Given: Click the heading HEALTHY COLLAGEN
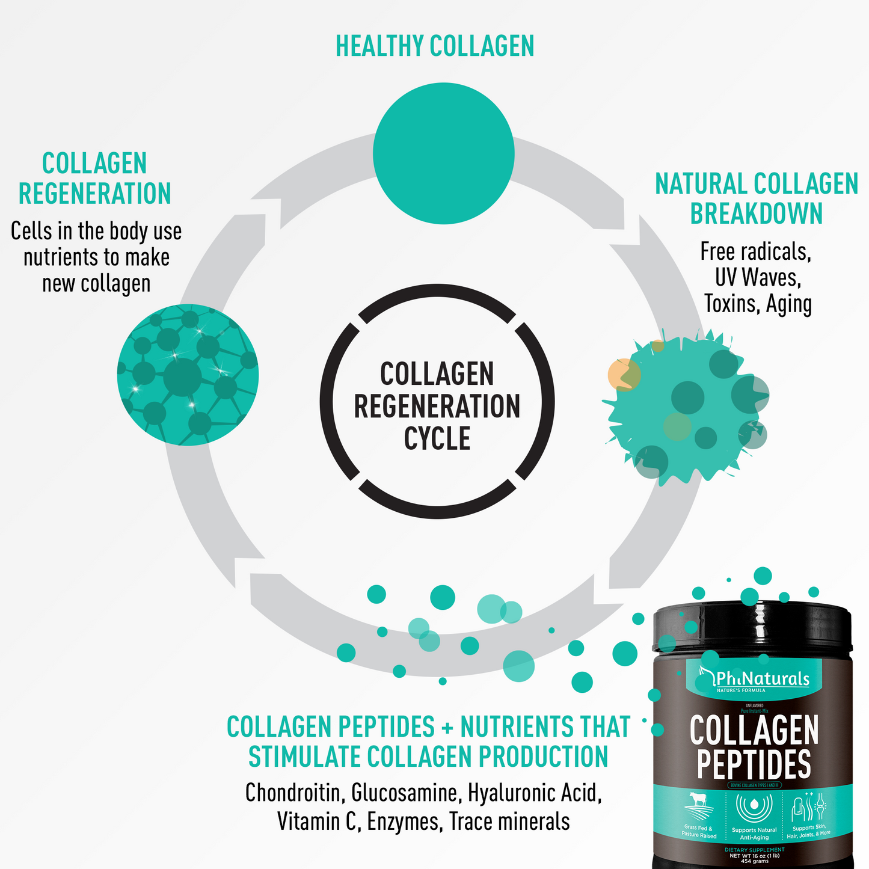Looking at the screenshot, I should [x=434, y=46].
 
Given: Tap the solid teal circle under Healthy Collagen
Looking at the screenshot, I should [x=443, y=153].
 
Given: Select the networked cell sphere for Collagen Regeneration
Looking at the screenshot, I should [x=188, y=375].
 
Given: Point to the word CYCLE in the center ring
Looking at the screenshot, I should [x=437, y=438].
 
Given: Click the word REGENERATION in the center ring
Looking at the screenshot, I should [x=437, y=407].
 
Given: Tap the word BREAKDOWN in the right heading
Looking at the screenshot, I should [x=756, y=213].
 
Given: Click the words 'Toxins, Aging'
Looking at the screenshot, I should [x=758, y=304].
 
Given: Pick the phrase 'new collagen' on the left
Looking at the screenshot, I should [x=96, y=283].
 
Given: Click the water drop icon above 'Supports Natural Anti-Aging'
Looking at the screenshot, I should [x=754, y=806].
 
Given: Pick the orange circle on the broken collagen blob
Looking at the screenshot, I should [x=622, y=374].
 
